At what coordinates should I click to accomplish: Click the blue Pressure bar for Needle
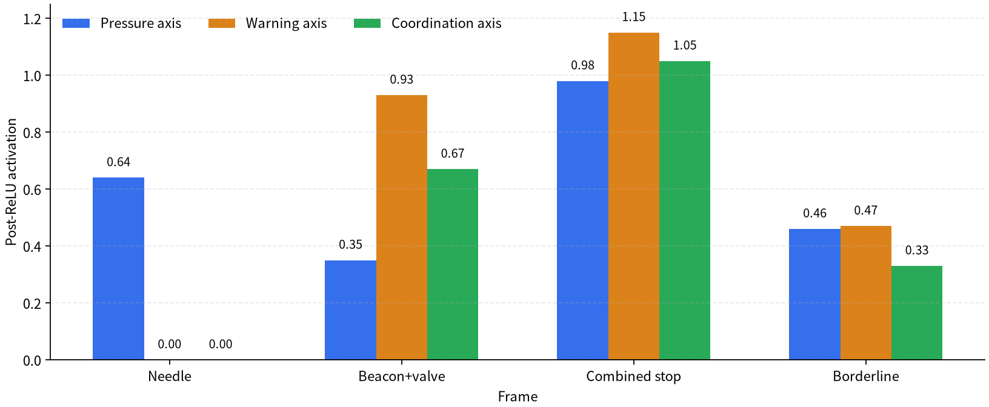(118, 268)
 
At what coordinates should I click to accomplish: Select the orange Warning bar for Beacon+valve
(402, 227)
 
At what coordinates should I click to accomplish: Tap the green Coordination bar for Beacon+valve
(453, 265)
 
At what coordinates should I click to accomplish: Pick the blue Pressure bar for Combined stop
(582, 220)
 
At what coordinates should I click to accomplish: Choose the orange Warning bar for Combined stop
(634, 196)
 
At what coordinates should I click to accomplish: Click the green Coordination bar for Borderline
(917, 313)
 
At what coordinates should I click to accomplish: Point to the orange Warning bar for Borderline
(866, 293)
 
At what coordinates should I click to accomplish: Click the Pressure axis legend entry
(122, 23)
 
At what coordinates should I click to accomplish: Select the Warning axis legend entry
(268, 23)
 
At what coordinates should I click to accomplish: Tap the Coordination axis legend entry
(428, 23)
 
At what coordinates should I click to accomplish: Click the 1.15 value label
(634, 17)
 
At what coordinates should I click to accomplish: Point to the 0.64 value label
(118, 162)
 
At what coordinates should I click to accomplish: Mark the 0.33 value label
(917, 250)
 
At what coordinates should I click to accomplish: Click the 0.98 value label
(582, 65)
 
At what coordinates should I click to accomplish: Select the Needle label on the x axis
(170, 376)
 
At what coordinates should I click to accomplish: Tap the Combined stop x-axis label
(634, 377)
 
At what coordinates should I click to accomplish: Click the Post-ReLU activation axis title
(11, 182)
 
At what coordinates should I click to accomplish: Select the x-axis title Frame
(518, 397)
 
